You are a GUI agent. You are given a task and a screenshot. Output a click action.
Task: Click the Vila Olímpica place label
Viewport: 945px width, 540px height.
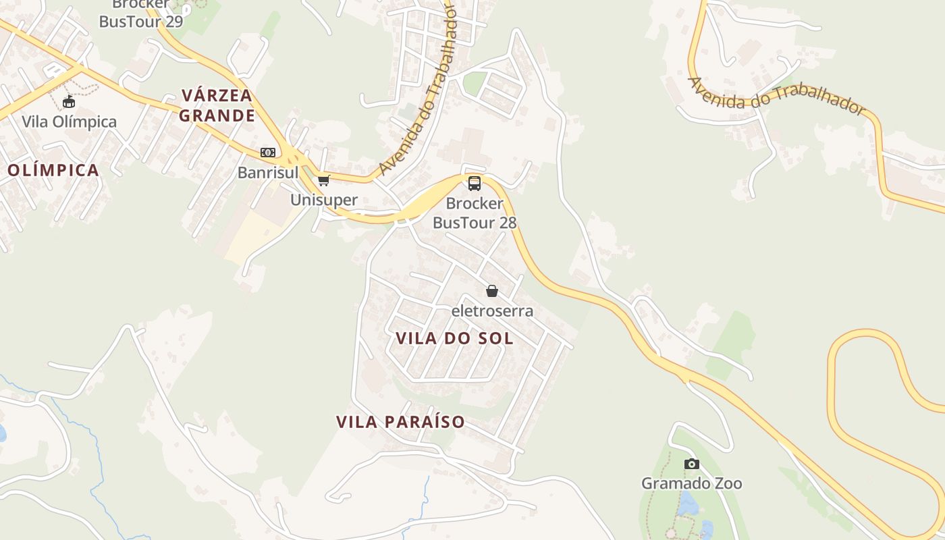point(69,122)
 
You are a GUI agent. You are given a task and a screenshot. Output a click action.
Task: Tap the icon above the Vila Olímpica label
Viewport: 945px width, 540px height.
point(68,102)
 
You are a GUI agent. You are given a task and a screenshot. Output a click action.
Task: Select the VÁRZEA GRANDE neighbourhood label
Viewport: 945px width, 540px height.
point(217,105)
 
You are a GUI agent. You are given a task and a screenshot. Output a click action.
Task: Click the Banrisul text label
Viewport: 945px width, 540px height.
point(268,173)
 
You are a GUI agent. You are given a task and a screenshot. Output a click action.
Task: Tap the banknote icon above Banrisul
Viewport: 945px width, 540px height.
point(268,153)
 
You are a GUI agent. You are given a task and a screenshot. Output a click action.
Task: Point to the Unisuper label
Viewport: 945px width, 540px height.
point(324,200)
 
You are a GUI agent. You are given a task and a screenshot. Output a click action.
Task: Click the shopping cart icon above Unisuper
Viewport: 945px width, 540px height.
point(324,180)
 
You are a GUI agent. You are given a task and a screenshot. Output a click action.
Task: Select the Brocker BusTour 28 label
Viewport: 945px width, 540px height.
point(475,213)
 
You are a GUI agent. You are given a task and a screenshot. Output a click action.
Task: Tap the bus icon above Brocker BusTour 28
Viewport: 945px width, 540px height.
point(475,183)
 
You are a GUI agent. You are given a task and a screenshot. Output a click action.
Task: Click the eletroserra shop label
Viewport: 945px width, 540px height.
point(492,311)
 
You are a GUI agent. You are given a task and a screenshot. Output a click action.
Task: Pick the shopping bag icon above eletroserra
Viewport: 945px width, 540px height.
point(492,291)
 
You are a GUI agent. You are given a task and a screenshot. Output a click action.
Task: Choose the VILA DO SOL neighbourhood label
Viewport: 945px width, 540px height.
point(454,338)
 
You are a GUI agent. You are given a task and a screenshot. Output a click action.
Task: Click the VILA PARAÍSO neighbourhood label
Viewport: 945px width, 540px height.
point(401,423)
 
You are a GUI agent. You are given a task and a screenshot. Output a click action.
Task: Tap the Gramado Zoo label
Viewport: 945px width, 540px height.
point(691,483)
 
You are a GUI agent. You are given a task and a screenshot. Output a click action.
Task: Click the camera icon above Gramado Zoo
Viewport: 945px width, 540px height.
point(691,464)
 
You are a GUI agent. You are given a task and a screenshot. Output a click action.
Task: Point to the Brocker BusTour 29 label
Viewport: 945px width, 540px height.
point(141,13)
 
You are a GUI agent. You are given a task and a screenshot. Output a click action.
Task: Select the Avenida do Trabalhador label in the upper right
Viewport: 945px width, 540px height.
point(776,95)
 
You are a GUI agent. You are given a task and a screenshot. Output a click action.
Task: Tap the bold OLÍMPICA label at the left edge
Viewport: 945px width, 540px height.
point(53,170)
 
